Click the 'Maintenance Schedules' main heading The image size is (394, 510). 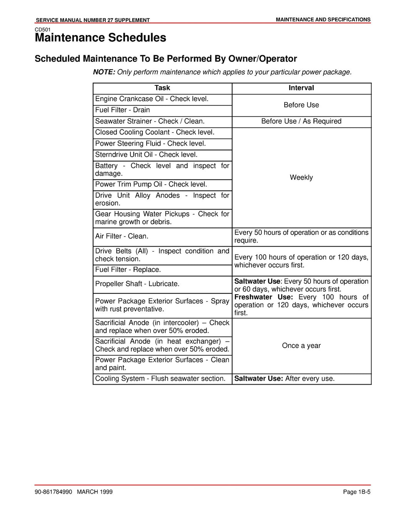tap(100, 38)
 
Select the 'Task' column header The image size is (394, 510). tap(162, 88)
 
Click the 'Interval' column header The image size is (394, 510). tap(301, 88)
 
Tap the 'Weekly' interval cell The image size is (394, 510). tap(301, 178)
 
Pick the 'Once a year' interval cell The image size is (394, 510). tap(301, 346)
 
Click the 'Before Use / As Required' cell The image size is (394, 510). tap(301, 121)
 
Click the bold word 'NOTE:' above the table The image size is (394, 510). tap(104, 72)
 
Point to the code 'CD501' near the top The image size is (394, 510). tap(42, 30)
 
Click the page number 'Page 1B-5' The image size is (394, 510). tap(356, 492)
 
